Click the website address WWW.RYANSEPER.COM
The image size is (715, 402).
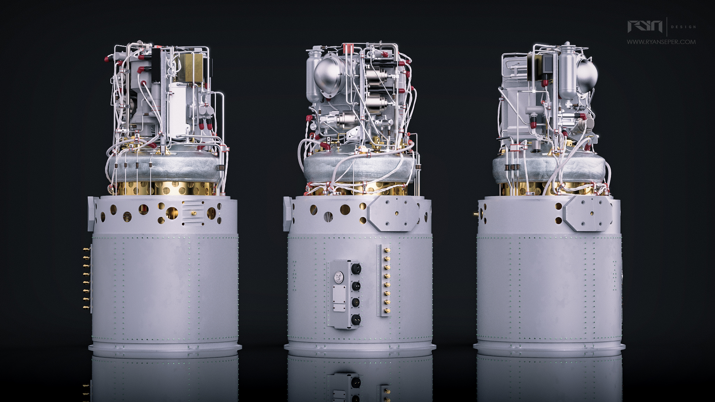click(661, 42)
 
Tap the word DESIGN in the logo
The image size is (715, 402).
click(683, 27)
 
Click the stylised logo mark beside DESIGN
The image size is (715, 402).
click(645, 27)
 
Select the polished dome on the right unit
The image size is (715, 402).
click(587, 73)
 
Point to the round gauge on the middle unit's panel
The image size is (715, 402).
click(338, 278)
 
